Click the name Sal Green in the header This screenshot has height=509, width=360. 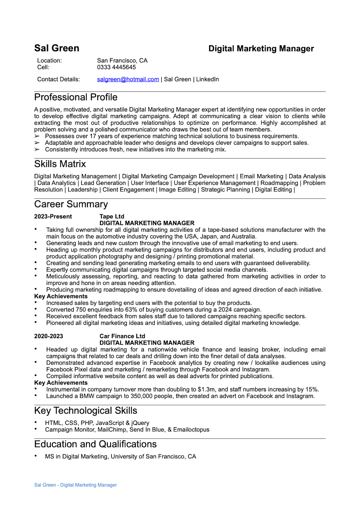tap(57, 48)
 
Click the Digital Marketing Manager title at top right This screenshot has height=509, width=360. tap(261, 49)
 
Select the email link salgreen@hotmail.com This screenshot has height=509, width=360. tap(128, 79)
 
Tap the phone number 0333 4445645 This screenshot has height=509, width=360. tap(116, 67)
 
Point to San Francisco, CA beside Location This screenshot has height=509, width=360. tap(122, 60)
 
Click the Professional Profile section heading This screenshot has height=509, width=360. tap(76, 97)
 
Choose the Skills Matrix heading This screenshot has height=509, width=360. tap(60, 164)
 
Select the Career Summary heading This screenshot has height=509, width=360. tap(71, 204)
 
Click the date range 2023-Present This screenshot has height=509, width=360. tap(53, 217)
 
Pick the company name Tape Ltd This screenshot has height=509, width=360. tap(112, 217)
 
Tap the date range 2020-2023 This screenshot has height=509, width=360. tap(49, 336)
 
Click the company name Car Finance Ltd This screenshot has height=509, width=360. tap(122, 336)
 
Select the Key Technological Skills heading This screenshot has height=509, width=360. tap(85, 411)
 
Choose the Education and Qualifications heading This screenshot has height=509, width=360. tap(95, 444)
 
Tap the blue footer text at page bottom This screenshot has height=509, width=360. tap(76, 485)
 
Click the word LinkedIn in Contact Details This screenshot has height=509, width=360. tap(207, 79)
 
